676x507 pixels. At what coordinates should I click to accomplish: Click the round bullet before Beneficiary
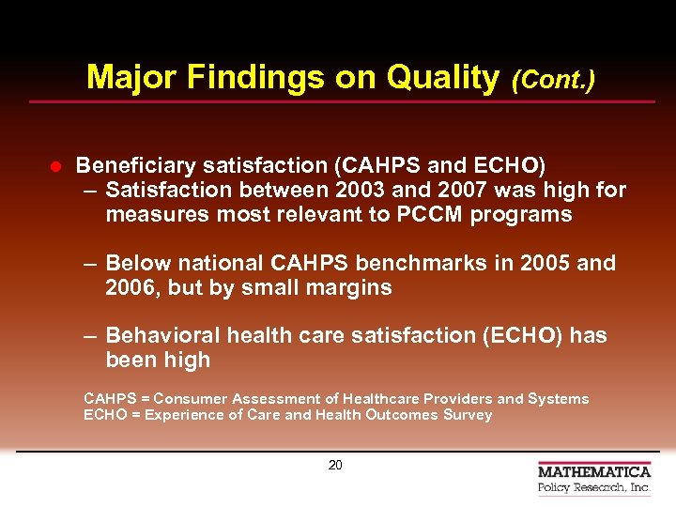55,166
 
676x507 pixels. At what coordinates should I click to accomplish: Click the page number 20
335,465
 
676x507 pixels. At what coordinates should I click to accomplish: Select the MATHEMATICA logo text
593,471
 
